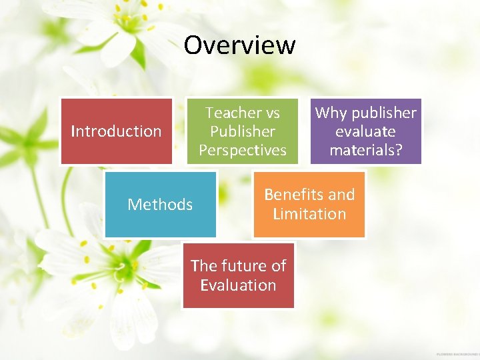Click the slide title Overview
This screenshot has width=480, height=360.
point(239,45)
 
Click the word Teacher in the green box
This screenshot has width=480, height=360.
point(233,113)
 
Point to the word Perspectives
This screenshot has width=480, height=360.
point(243,150)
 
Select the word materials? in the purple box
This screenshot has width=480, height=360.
point(366,150)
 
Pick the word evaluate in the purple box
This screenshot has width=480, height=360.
point(365,131)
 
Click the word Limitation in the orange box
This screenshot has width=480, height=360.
point(309,214)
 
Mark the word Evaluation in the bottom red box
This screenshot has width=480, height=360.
point(238,285)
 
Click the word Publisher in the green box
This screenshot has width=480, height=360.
point(243,131)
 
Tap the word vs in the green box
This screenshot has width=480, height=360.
point(272,113)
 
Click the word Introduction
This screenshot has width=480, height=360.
point(117,131)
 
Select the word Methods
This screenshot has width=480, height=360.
point(160,204)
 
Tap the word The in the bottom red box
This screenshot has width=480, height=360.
point(203,265)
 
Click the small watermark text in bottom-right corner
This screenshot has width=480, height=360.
point(457,353)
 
